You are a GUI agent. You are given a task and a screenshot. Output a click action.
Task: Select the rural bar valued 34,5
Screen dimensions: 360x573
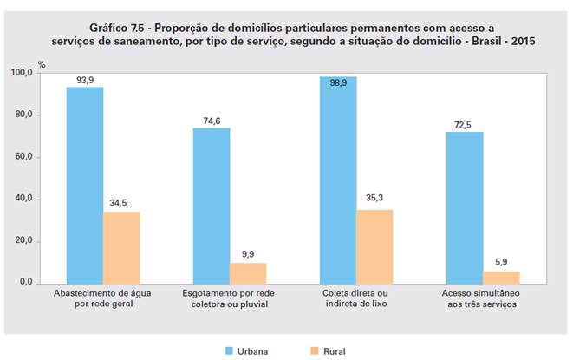tap(121, 247)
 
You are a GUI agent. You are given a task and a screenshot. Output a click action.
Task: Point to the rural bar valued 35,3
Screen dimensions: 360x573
tap(374, 246)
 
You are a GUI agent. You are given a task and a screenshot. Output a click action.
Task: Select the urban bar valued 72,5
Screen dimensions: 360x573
tap(465, 207)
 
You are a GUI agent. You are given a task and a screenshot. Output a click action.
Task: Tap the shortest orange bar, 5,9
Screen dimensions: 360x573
tap(501, 278)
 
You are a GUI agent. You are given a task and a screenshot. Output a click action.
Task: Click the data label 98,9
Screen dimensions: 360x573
tap(338, 68)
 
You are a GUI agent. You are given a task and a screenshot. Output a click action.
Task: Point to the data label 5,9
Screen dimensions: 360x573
tap(501, 262)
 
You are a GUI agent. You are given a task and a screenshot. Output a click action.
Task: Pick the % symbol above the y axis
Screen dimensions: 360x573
tap(41, 64)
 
